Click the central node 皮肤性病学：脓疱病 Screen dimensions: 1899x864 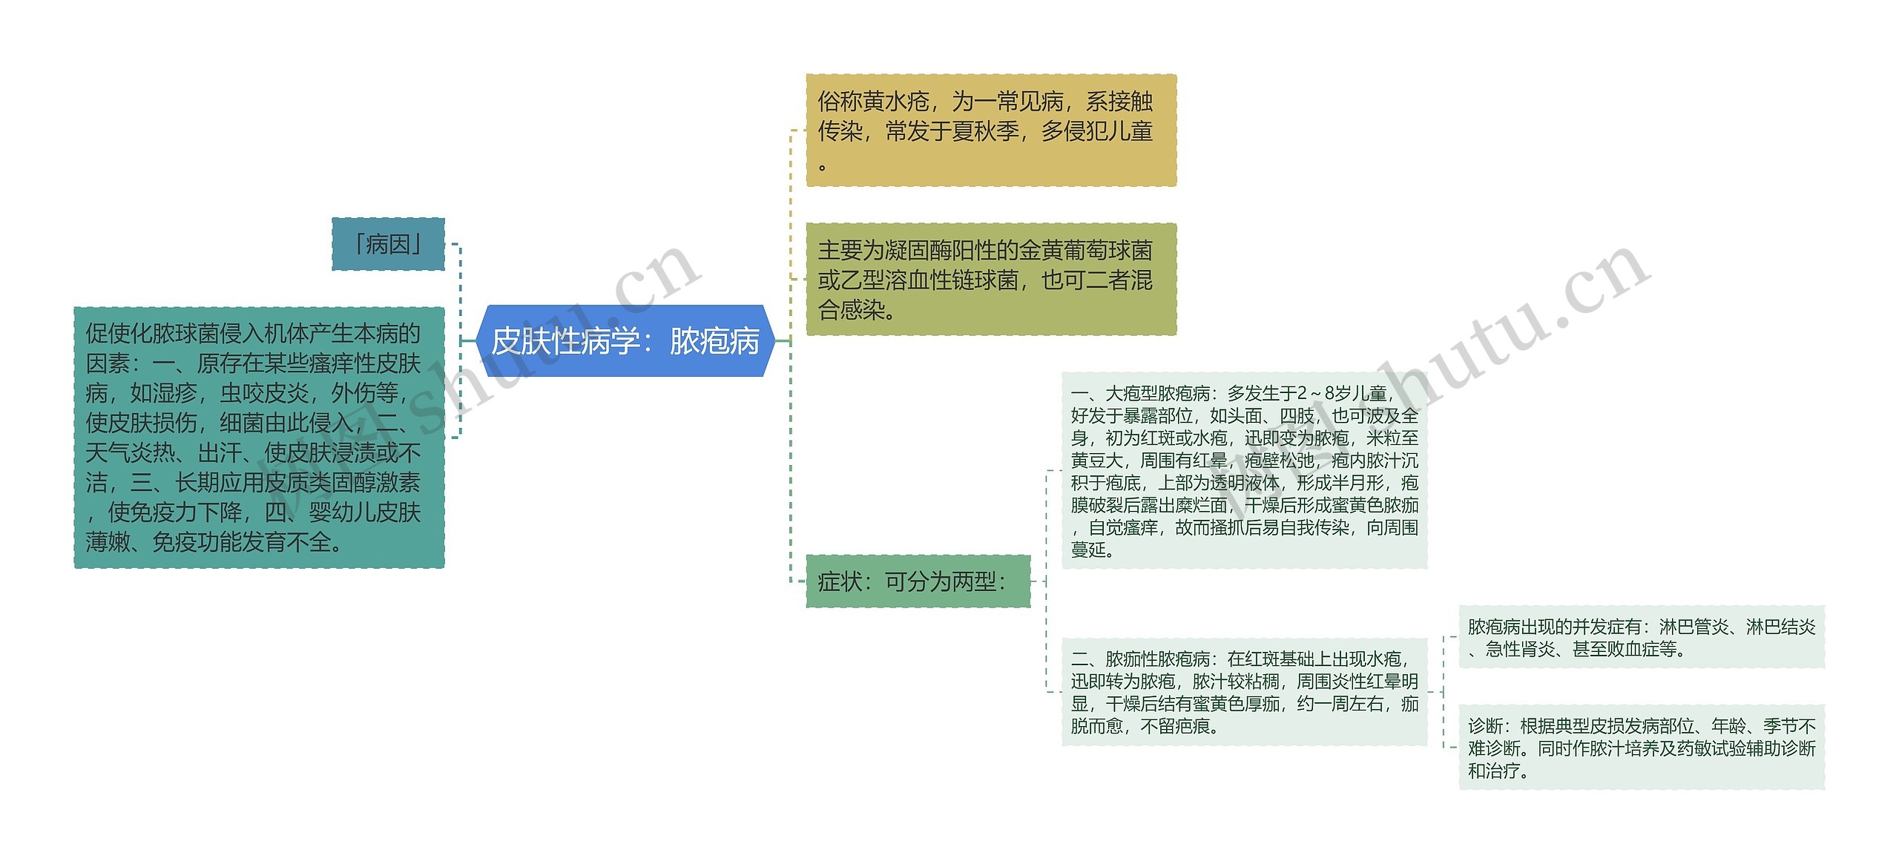click(625, 341)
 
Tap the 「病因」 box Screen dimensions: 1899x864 click(388, 244)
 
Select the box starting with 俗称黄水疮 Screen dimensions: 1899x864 click(991, 131)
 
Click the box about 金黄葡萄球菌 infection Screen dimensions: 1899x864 click(991, 280)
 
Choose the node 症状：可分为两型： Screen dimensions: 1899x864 click(918, 581)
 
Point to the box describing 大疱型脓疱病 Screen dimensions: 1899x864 click(1244, 471)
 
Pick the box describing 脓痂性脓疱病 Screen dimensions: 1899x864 click(1244, 692)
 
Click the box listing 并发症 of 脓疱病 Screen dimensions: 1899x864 click(1641, 637)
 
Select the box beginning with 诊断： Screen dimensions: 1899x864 click(1641, 748)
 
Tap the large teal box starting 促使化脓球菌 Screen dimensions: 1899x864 click(259, 438)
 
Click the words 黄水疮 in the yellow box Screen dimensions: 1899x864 click(896, 102)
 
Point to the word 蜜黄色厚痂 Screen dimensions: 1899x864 click(1235, 704)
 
